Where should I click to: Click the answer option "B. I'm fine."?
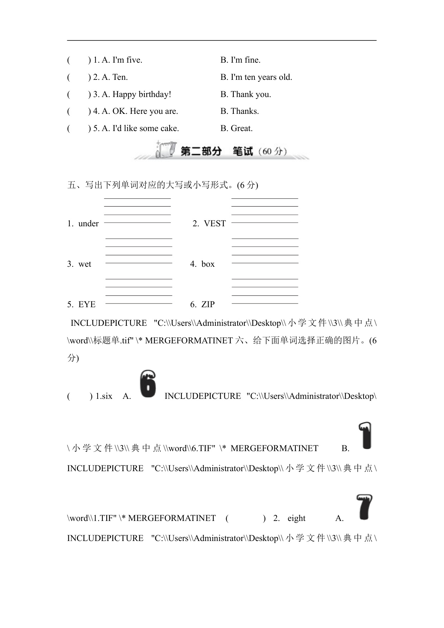[x=240, y=60]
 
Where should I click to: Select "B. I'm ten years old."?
[x=256, y=77]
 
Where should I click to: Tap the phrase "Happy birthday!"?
[x=142, y=95]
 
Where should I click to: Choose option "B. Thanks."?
[x=239, y=111]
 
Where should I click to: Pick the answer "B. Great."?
[x=236, y=129]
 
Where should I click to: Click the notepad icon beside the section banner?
[x=166, y=150]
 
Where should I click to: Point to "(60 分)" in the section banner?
[x=274, y=151]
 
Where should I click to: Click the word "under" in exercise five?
[x=88, y=224]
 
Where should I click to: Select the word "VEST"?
[x=215, y=224]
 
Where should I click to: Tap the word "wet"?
[x=85, y=264]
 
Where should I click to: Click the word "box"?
[x=208, y=264]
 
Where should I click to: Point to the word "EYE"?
[x=87, y=305]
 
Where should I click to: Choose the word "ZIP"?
[x=208, y=305]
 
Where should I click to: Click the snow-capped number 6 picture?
[x=148, y=384]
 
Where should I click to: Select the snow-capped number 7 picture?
[x=364, y=507]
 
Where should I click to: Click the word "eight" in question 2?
[x=296, y=518]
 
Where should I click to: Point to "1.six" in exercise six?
[x=104, y=396]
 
